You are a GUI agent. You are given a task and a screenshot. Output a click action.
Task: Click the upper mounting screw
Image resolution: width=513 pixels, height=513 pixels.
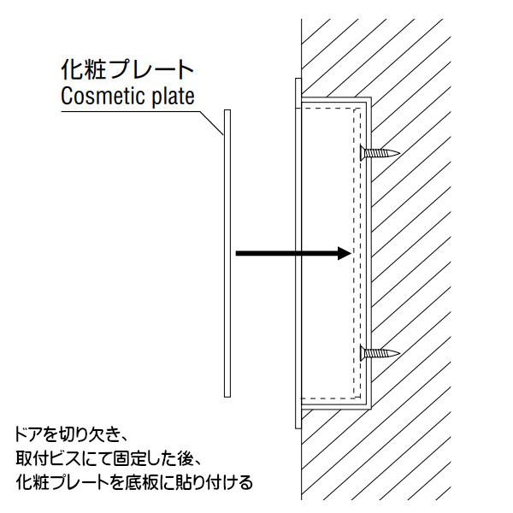[x=380, y=153]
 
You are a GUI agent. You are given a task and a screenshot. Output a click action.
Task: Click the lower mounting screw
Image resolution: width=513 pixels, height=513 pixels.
[x=380, y=353]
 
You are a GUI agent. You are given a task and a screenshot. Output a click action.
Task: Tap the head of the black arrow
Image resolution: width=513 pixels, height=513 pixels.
[x=345, y=253]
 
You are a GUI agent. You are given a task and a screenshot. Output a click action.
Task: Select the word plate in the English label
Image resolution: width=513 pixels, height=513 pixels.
[x=174, y=97]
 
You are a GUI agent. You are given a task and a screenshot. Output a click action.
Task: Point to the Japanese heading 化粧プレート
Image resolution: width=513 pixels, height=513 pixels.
[x=127, y=69]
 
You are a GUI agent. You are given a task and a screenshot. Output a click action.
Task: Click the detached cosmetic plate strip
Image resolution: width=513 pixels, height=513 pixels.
[x=227, y=254]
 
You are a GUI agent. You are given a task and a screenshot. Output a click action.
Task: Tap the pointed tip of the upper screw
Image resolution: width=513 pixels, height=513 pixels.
[x=399, y=153]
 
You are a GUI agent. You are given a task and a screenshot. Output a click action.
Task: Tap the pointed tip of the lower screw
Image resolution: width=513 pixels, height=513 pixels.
[x=399, y=353]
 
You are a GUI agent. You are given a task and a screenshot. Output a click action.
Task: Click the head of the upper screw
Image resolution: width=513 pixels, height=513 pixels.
[x=362, y=153]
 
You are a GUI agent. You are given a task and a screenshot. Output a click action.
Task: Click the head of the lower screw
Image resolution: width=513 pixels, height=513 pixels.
[x=362, y=353]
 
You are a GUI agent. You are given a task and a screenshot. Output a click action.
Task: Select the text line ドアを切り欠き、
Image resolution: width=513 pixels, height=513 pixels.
[x=70, y=435]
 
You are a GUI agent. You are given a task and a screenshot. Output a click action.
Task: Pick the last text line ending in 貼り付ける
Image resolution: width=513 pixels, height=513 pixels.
[x=134, y=482]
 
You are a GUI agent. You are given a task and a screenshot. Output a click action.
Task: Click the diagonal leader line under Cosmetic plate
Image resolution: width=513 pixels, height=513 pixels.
[x=212, y=123]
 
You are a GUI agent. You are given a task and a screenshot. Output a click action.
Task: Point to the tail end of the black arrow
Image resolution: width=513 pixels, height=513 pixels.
[x=236, y=253]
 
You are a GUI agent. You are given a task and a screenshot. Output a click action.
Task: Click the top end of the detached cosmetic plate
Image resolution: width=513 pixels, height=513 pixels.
[x=227, y=110]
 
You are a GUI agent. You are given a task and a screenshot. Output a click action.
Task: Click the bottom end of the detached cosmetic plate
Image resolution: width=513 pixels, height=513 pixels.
[x=227, y=398]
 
